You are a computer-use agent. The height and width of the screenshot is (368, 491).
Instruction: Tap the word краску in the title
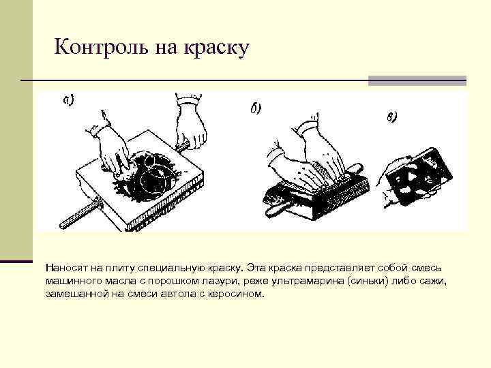[216, 48]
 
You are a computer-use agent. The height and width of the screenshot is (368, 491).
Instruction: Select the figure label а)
[68, 100]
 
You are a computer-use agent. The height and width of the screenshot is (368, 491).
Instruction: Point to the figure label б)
[256, 108]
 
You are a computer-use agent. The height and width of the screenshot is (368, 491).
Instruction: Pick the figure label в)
[391, 117]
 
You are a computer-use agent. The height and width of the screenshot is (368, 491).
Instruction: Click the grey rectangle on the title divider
[417, 80]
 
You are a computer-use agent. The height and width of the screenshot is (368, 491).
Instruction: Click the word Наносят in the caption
[66, 269]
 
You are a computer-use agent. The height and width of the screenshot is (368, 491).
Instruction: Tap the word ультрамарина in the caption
[308, 281]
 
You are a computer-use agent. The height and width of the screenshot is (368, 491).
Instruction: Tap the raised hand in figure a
[190, 122]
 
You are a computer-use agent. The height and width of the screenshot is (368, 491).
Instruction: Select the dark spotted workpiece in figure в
[419, 177]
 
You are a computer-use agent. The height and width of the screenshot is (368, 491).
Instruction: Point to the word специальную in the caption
[172, 269]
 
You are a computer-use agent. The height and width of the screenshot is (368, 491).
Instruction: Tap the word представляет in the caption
[340, 269]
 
